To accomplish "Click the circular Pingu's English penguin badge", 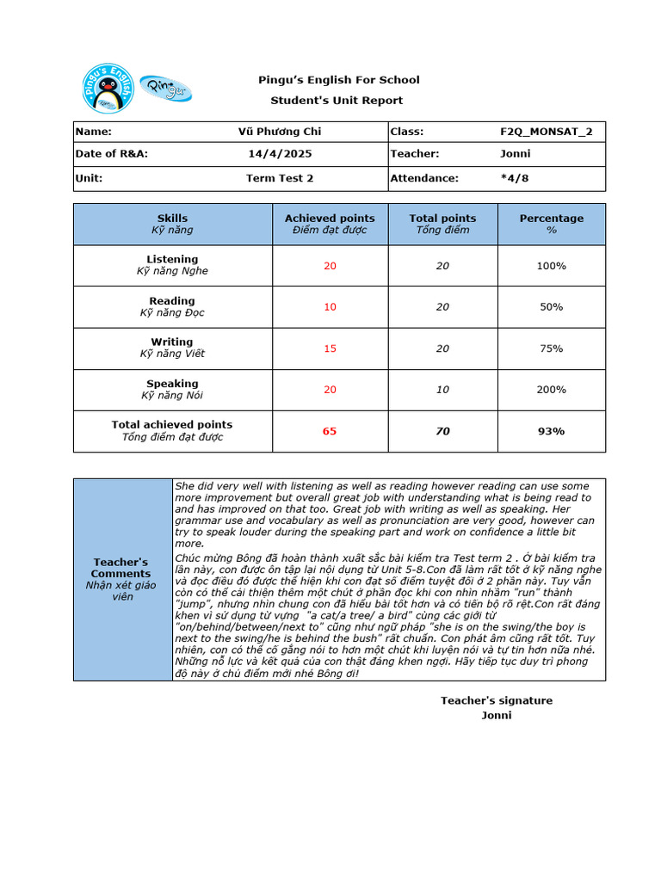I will [108, 87].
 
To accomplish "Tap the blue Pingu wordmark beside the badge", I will [166, 88].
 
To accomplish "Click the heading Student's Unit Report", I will [337, 101].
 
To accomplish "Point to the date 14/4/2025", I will [280, 154].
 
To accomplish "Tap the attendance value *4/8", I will [516, 178].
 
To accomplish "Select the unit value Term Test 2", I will [280, 178].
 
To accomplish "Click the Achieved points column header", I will [330, 219].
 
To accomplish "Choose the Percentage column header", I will [551, 219].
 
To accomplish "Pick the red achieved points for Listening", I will [330, 266].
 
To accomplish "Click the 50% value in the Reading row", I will [551, 307].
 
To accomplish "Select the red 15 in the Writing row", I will [330, 348].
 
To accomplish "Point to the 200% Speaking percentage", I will [551, 390].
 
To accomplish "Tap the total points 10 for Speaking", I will [442, 390].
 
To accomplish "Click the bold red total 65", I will [330, 431].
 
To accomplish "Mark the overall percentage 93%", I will [551, 431].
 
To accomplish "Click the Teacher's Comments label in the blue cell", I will [120, 568].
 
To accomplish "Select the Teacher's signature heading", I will [497, 700].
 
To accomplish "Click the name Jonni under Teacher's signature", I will [497, 715].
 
